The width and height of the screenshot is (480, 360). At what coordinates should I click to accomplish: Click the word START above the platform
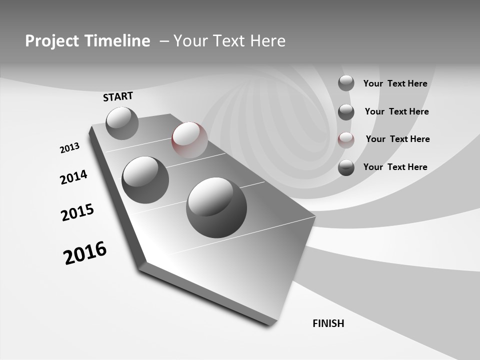[118, 96]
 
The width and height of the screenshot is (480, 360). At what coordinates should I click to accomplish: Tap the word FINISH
[328, 323]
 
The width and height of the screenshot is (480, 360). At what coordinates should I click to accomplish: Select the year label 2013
[69, 148]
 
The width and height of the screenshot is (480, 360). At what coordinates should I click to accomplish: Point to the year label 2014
[73, 177]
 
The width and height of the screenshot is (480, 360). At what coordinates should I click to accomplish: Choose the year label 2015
[77, 212]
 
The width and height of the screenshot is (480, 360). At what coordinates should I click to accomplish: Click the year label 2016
[85, 253]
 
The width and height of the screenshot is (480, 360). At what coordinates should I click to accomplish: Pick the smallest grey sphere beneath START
[122, 123]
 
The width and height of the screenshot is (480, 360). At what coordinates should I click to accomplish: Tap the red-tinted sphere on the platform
[189, 140]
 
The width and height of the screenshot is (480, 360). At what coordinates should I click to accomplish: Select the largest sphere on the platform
[216, 207]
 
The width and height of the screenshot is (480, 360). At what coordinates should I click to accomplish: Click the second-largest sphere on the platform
[145, 180]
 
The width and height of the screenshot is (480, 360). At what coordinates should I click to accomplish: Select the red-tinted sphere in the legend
[346, 140]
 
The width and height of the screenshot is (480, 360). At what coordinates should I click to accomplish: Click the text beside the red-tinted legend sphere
[397, 139]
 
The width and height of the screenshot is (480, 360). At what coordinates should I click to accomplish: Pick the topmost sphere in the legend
[346, 83]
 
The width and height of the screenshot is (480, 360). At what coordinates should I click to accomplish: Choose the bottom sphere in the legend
[346, 167]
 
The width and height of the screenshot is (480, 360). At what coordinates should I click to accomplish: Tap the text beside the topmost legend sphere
[395, 84]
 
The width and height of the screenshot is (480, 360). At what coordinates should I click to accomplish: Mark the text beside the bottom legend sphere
[395, 167]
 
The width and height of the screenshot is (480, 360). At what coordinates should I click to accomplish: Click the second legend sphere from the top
[346, 112]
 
